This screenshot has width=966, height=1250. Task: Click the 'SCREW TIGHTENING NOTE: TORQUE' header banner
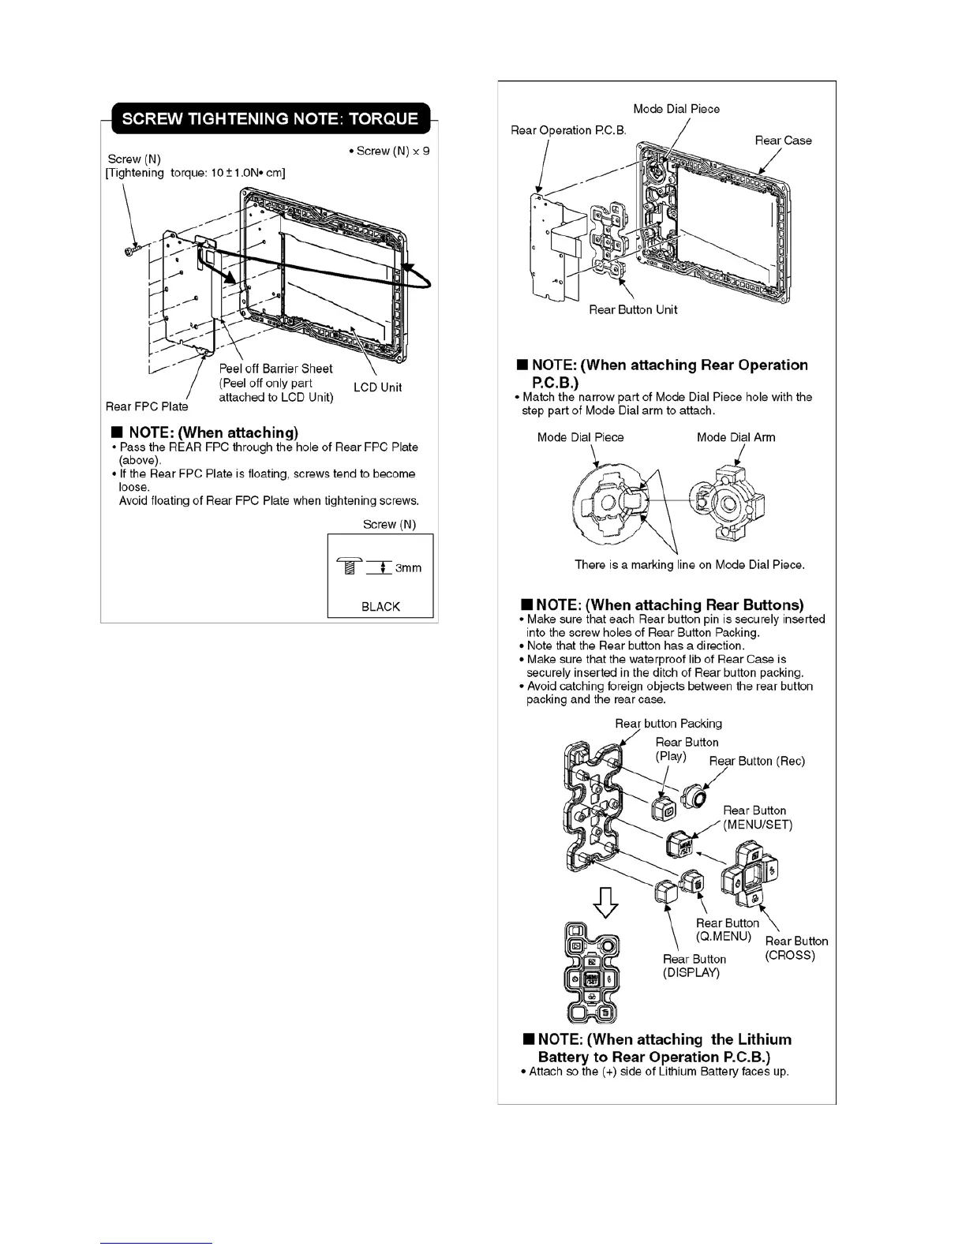point(269,119)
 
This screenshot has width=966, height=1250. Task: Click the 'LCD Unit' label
point(377,387)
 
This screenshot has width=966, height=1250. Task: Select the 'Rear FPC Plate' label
point(147,406)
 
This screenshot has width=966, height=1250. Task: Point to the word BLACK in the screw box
point(380,606)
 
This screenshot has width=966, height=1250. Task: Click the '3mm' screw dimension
point(408,568)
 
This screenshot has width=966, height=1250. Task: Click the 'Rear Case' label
point(783,140)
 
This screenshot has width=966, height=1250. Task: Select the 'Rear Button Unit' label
point(633,309)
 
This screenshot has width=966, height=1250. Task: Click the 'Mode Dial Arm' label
point(736,437)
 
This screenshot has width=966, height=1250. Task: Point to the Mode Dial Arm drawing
point(727,501)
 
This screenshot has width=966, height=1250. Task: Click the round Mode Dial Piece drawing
point(609,502)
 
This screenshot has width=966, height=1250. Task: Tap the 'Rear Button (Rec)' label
point(757,761)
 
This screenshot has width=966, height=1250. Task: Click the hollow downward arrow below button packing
point(605,902)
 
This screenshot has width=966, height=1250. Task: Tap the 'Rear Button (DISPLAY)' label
point(694,966)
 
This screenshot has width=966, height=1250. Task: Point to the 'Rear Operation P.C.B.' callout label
point(568,130)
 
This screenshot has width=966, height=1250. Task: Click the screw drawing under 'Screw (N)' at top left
point(131,250)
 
